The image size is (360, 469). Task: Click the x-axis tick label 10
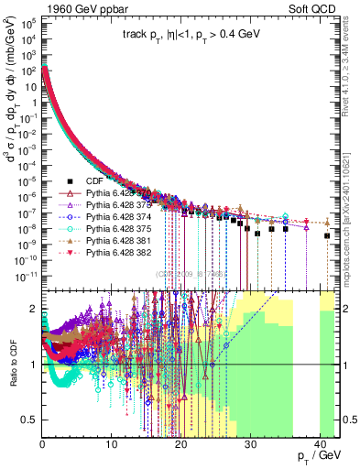click(112, 442)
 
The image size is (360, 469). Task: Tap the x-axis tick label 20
click(181, 442)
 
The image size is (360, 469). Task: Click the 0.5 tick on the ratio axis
click(29, 420)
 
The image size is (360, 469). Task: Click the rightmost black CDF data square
click(327, 235)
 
